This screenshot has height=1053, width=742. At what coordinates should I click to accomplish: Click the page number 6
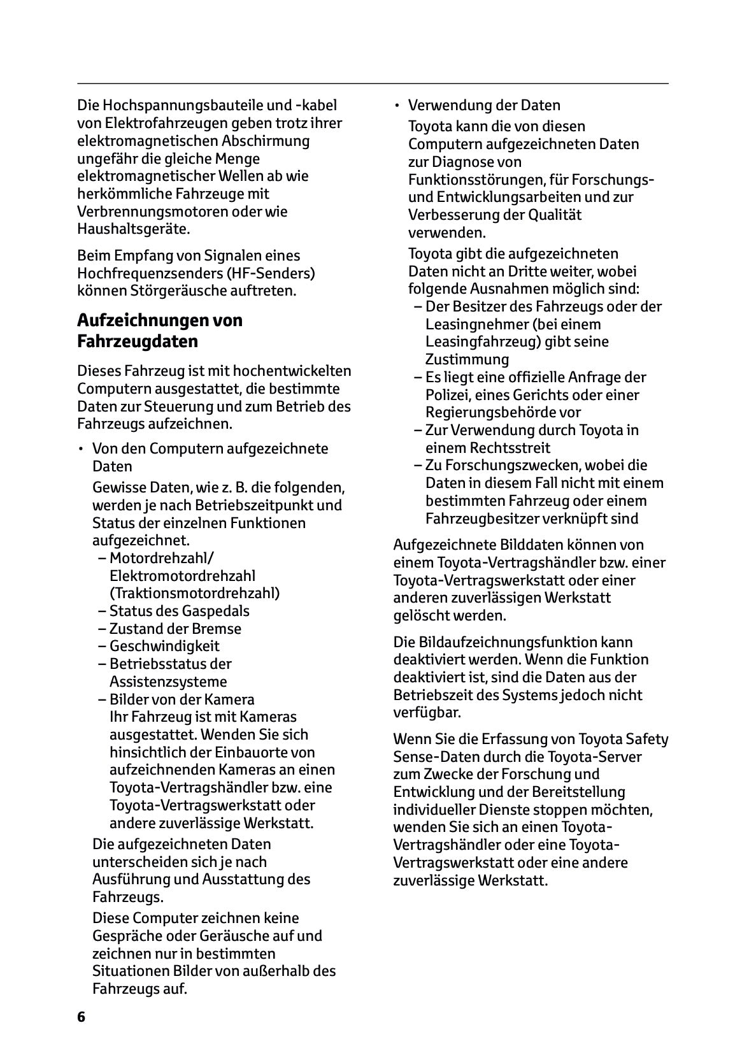pos(81,1017)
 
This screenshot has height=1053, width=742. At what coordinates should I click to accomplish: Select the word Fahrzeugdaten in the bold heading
pos(138,341)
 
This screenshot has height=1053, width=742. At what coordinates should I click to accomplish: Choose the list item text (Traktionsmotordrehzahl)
pos(194,593)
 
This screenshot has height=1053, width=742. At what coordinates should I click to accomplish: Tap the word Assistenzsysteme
pos(168,682)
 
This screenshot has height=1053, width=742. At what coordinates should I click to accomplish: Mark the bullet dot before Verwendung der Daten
pos(396,106)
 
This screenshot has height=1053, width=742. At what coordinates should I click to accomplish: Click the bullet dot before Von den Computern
pos(81,449)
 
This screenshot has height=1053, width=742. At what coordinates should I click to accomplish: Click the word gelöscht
pos(421,616)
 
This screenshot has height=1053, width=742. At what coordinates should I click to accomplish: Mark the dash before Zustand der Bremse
pos(103,629)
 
